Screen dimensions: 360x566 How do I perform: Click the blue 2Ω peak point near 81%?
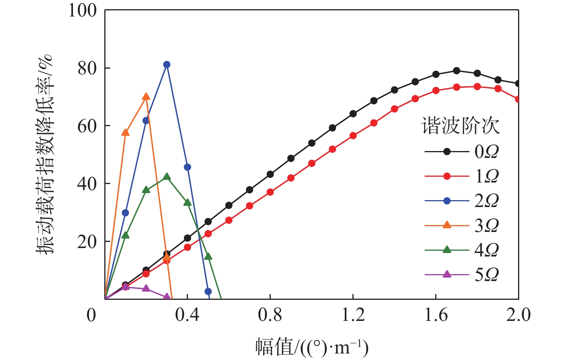(166, 64)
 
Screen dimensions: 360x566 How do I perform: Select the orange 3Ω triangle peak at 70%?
(146, 97)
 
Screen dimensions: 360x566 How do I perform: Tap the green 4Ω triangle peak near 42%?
(167, 177)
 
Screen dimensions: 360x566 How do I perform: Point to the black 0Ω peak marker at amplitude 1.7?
(456, 71)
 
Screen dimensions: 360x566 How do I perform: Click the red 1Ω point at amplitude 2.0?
(518, 99)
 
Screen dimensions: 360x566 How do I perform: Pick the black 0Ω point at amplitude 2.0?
(518, 84)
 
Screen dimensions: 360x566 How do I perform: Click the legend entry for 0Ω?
(462, 152)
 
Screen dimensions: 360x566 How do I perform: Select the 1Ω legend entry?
(462, 176)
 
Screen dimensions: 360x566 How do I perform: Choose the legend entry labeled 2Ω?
(462, 201)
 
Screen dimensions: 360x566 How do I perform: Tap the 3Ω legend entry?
(462, 225)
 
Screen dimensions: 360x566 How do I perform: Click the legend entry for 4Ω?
(462, 250)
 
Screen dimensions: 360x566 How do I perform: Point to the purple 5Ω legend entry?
(462, 275)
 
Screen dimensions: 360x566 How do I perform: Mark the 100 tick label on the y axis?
(82, 10)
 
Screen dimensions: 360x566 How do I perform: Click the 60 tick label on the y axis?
(87, 126)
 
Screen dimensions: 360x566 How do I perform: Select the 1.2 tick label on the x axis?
(353, 315)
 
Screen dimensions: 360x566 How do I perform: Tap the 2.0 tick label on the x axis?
(518, 315)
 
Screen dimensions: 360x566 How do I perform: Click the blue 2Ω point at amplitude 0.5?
(208, 291)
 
